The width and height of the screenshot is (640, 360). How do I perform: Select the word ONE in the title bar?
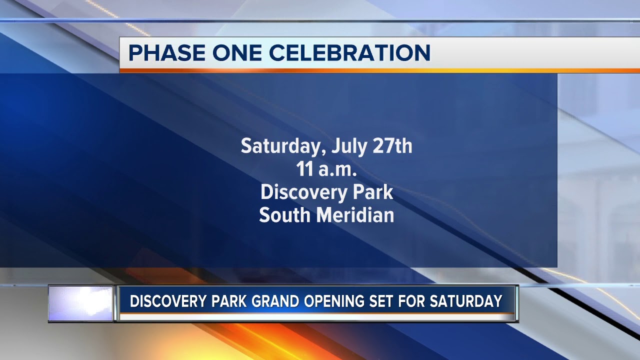(x=233, y=53)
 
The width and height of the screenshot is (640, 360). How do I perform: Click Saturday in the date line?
(x=278, y=146)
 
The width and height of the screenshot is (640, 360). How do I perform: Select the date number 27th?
(x=392, y=146)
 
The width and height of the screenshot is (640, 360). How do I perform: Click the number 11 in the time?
(x=305, y=169)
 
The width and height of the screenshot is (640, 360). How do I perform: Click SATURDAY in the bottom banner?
(x=471, y=301)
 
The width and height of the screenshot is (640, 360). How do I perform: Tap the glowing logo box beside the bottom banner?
(x=81, y=303)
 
